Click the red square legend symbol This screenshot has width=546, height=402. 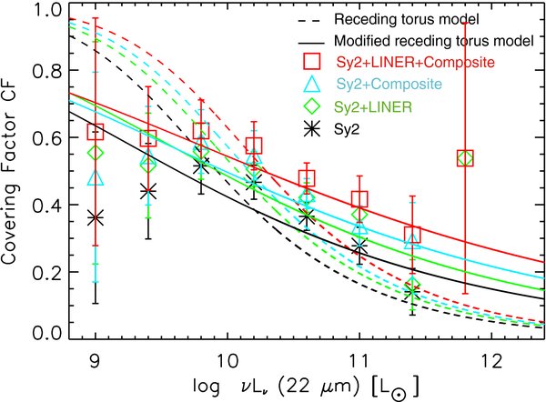coord(311,62)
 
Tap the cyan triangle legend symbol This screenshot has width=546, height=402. coord(312,85)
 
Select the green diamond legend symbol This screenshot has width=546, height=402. coord(312,106)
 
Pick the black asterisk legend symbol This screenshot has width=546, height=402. coord(312,129)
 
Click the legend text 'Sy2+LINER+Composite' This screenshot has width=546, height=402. coord(416,63)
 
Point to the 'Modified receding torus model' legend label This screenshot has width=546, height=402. coord(434,41)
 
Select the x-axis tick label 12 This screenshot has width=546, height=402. coord(491,361)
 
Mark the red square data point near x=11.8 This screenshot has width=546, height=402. coord(465,158)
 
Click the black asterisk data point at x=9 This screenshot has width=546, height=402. coord(96,218)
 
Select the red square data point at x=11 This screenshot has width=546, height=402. coord(359,199)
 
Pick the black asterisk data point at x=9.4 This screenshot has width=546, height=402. coord(148,191)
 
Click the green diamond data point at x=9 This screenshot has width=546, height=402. coord(96,153)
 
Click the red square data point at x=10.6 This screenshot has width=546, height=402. coord(307,178)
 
